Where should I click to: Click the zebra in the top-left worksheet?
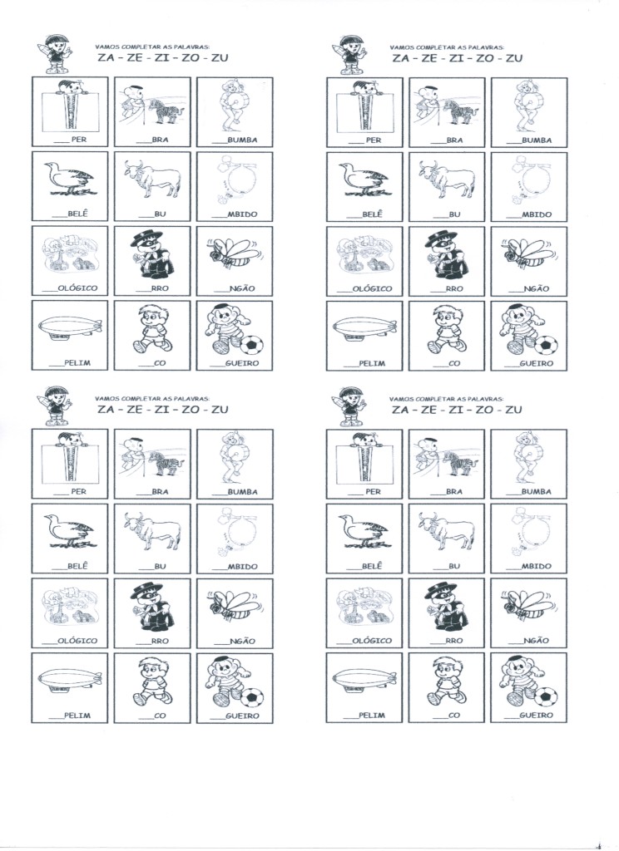(166, 111)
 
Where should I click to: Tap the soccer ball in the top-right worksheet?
(547, 344)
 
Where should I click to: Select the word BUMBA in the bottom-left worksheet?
(242, 492)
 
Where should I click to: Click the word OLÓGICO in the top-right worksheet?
(372, 288)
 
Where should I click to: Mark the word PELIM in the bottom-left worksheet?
(77, 716)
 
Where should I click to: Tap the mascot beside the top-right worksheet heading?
(349, 54)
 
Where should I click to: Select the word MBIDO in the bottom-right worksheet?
(537, 566)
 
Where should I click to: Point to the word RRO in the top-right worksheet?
(453, 288)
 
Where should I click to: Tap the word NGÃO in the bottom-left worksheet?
(242, 641)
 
